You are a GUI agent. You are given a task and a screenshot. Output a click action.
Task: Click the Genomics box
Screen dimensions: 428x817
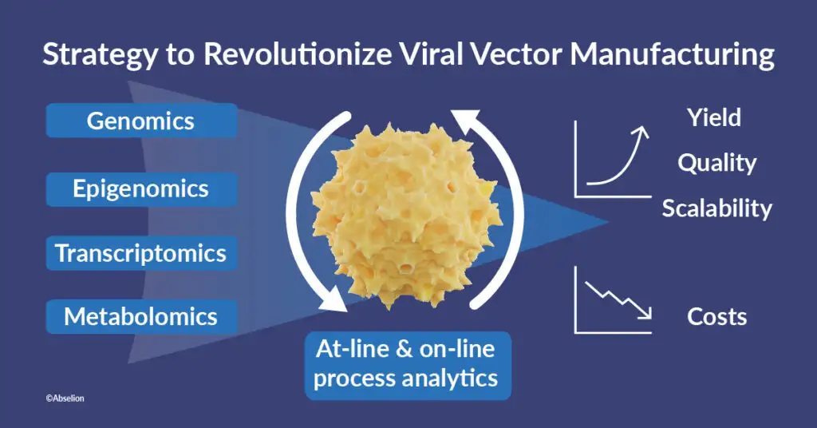pos(140,121)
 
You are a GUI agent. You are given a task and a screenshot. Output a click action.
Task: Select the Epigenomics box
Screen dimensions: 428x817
pos(140,189)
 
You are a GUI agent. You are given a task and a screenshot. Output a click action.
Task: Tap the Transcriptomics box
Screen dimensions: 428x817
pos(140,253)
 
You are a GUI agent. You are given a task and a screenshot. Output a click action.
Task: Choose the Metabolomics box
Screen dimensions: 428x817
pos(140,316)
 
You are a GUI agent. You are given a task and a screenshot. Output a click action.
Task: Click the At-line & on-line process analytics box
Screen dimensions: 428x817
pos(408,364)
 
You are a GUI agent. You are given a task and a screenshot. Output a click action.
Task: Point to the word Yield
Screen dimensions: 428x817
pos(714,118)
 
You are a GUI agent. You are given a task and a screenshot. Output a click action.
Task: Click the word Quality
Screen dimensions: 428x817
pos(716,163)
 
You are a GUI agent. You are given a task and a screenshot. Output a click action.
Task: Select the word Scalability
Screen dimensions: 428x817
pos(716,208)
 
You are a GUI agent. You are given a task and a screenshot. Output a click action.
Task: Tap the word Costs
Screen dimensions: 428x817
pos(716,316)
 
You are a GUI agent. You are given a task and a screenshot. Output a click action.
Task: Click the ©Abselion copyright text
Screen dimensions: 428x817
pos(65,397)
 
